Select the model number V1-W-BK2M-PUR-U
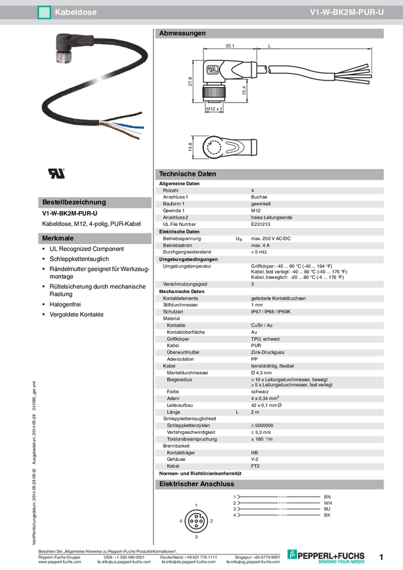(347, 12)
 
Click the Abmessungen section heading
(182, 33)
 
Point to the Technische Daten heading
(187, 174)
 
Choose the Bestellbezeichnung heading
(74, 202)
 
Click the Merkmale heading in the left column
(58, 238)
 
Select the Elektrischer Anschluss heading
(196, 483)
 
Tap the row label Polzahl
(172, 191)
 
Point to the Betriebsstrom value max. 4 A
(261, 245)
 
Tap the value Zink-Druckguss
(268, 352)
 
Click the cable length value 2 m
(255, 412)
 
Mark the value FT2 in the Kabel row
(255, 465)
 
